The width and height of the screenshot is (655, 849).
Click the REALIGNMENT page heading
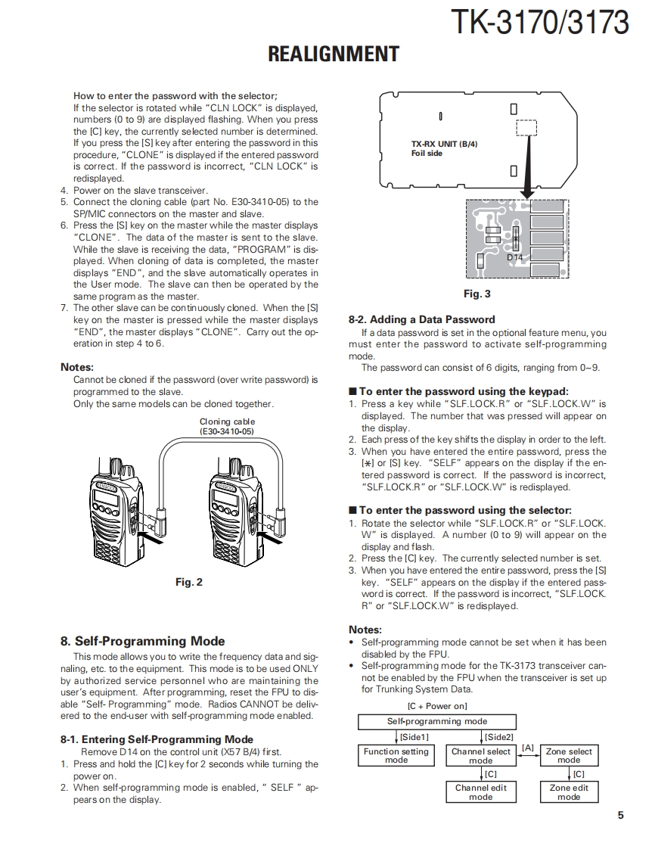(334, 54)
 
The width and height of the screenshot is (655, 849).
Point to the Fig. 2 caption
(189, 582)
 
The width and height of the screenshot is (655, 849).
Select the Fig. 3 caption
(477, 294)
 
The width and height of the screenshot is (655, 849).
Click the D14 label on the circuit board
(514, 257)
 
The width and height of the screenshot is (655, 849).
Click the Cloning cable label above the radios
(227, 426)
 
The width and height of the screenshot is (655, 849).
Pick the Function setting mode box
(396, 755)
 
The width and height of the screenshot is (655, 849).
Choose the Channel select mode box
(480, 755)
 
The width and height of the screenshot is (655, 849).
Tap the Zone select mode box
(569, 755)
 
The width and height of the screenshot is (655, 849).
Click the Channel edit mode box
(480, 791)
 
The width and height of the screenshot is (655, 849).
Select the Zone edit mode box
(569, 791)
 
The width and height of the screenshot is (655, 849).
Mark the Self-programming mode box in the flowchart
(436, 721)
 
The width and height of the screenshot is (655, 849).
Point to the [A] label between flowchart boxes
(528, 748)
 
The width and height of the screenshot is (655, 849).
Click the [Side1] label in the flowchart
(414, 736)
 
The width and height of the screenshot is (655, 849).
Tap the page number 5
(620, 815)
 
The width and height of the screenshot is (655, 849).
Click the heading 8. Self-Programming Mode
(142, 641)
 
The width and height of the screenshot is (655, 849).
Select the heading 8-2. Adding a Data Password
(421, 319)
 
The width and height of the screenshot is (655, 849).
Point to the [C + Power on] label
(437, 706)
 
